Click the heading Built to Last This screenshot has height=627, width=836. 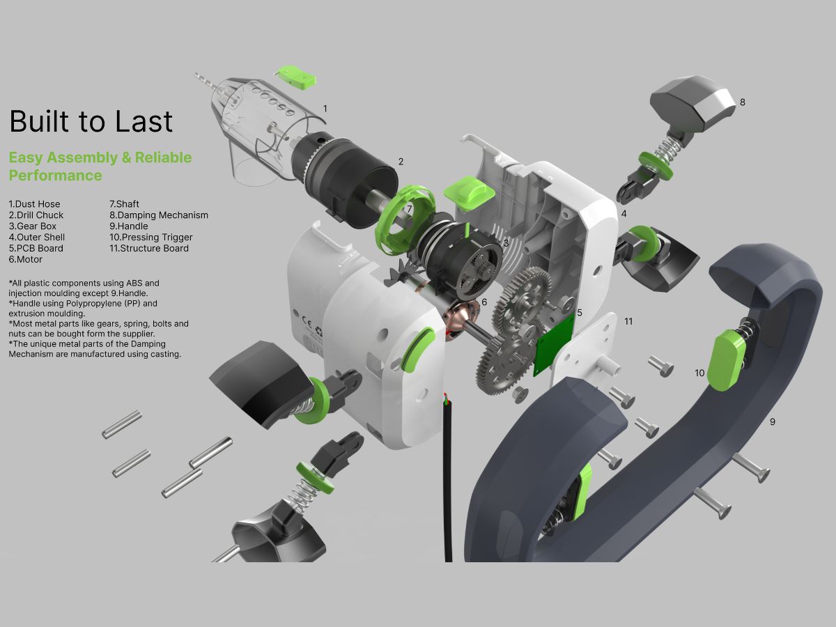91,121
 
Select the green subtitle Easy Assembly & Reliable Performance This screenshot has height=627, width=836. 100,166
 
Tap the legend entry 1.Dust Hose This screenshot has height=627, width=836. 34,204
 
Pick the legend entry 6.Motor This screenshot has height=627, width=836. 26,259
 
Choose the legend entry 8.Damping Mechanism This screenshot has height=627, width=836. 159,215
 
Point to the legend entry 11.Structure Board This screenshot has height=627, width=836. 149,248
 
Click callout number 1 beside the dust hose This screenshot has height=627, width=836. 325,109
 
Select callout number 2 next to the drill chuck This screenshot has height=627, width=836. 401,162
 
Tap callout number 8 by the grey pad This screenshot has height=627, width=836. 742,102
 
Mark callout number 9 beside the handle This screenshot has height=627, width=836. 772,421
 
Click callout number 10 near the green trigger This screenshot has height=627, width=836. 699,373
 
